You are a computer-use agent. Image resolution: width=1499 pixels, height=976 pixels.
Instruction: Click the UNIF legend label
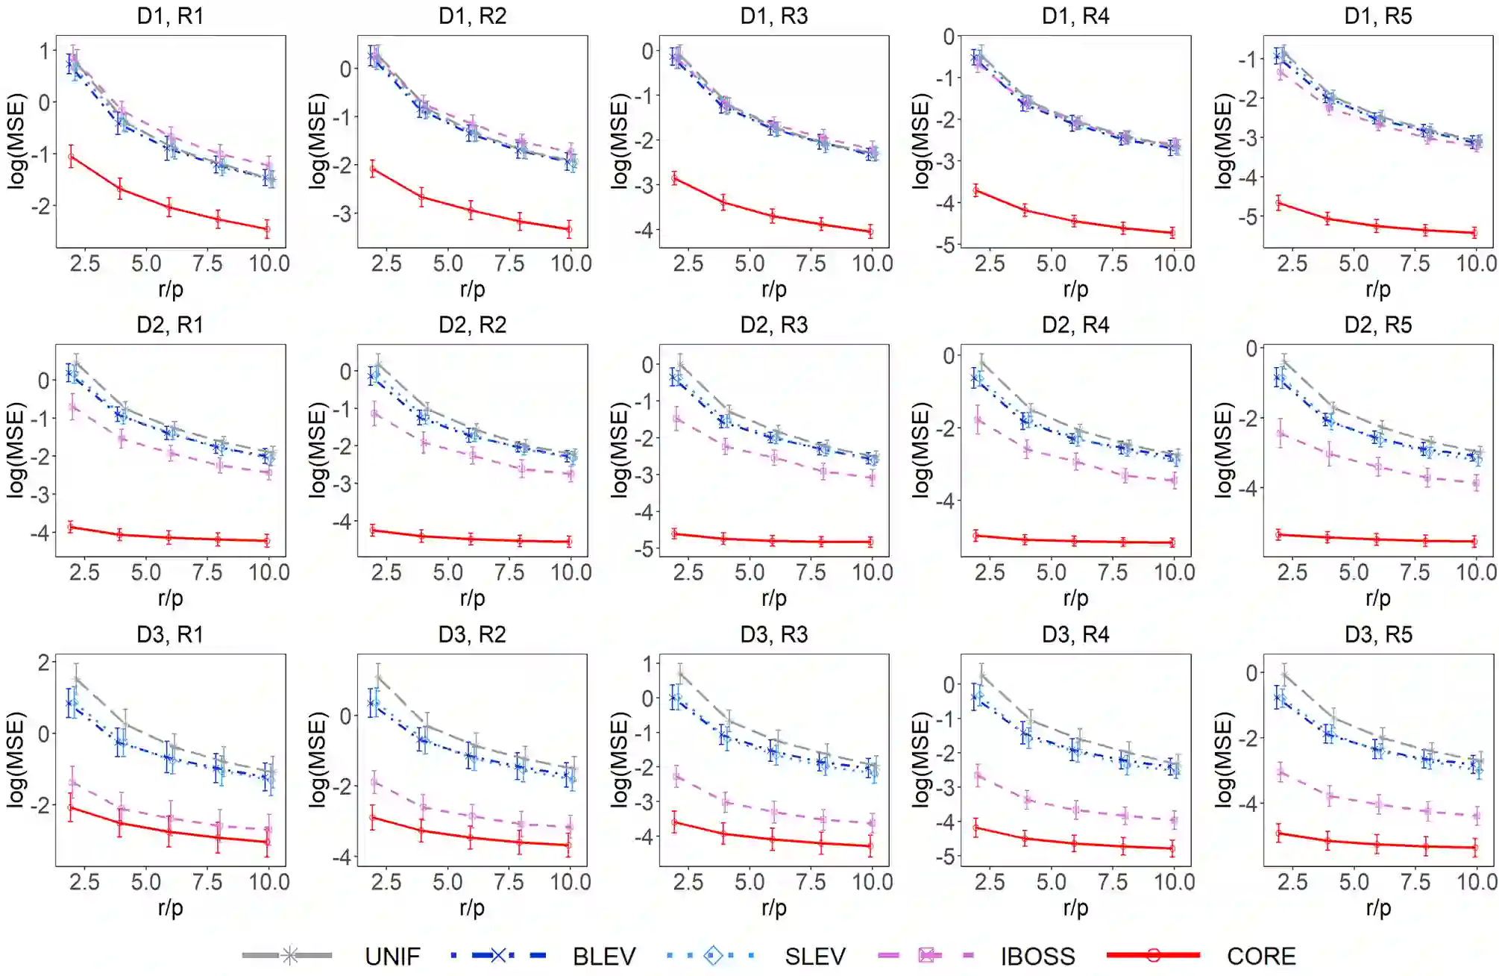392,956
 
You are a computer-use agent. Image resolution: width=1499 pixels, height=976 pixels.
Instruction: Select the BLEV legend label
604,956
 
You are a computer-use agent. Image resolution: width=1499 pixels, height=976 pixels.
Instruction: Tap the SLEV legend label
815,956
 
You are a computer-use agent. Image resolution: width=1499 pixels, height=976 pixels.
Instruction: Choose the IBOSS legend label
1037,956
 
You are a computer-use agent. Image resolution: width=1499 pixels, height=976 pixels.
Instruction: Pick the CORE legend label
1261,956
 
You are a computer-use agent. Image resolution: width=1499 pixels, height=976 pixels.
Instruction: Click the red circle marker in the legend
1153,955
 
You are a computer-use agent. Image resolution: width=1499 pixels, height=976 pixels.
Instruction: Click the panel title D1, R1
170,16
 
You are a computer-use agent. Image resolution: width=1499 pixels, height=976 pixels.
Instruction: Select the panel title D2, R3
774,325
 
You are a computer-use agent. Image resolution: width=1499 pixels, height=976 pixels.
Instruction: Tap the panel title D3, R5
1378,634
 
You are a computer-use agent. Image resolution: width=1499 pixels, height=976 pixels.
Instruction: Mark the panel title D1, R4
1075,16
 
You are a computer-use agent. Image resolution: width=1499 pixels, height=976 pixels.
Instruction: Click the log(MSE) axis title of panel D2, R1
16,450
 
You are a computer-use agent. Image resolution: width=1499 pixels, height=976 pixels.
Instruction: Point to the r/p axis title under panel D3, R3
774,907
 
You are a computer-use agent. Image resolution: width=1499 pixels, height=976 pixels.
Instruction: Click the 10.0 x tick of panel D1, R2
571,263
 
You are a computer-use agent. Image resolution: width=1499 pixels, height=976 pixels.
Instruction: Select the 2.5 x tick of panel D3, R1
84,882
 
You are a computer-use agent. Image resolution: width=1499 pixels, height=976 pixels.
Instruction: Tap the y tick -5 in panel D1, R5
1247,217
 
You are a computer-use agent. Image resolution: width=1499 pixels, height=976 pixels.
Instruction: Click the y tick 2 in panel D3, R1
44,663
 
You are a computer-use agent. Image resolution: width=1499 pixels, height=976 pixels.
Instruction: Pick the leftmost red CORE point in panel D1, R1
72,157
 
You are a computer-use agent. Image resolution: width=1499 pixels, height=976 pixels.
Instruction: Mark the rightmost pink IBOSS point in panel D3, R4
1174,821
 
